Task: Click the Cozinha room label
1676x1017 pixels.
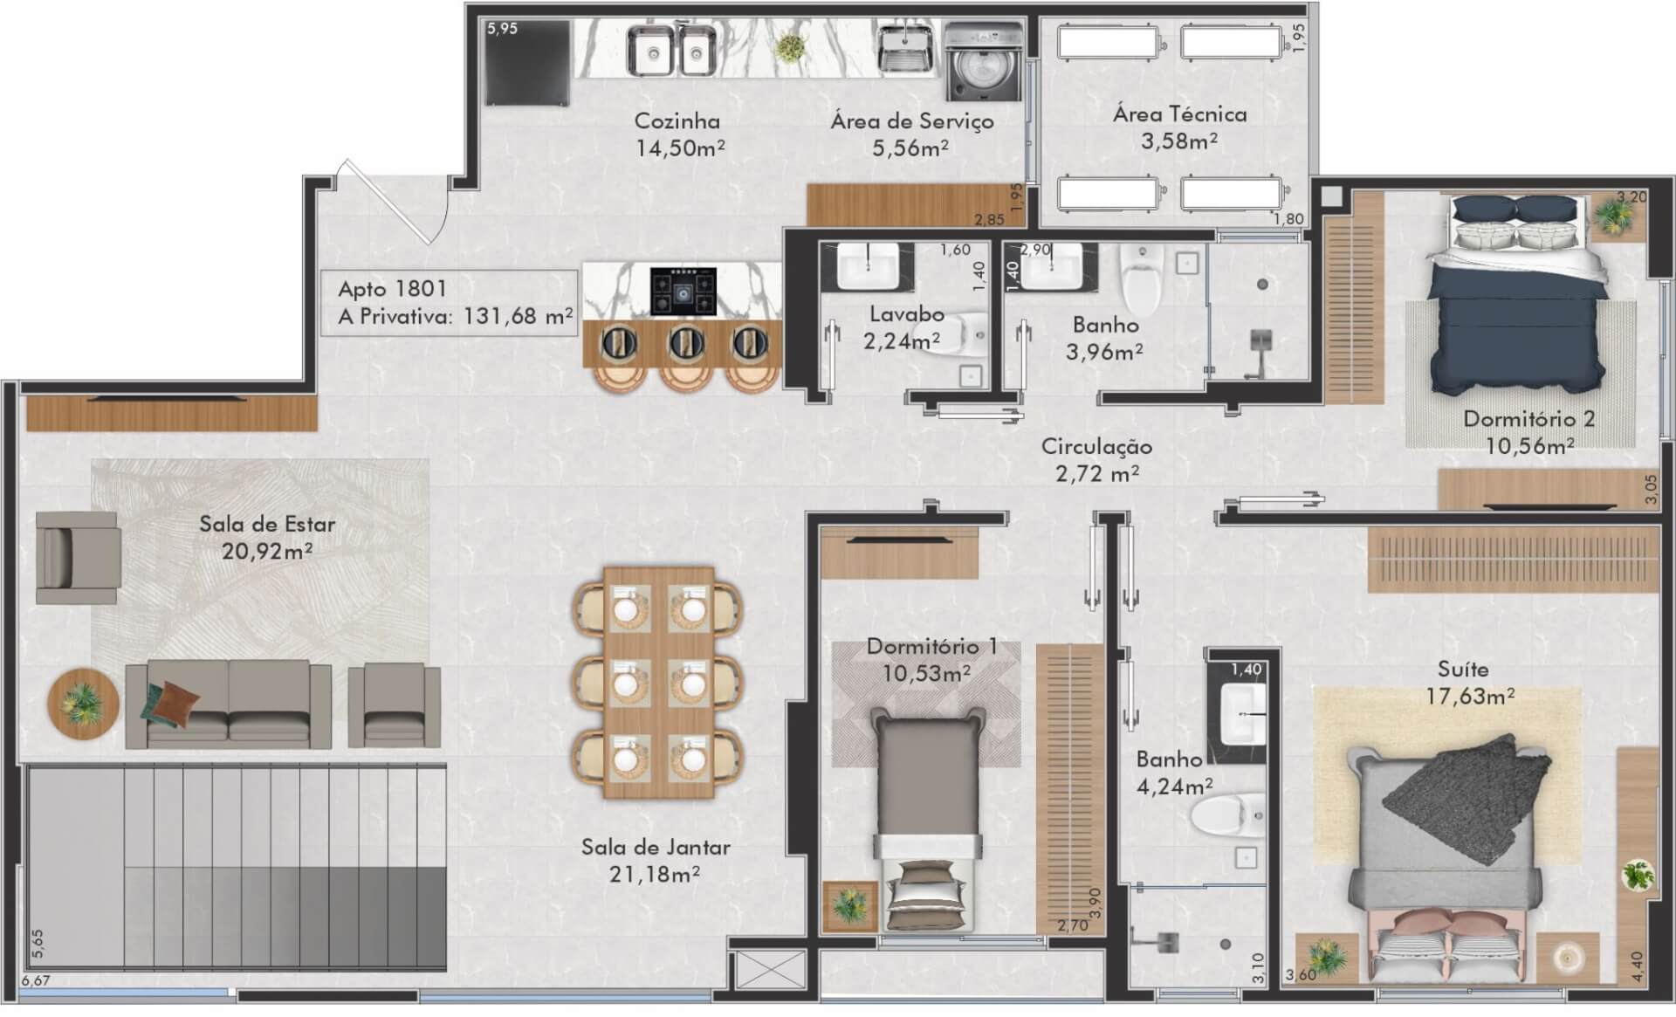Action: coord(677,121)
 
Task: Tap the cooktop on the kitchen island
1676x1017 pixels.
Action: coord(683,292)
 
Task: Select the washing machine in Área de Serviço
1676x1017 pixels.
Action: coord(984,62)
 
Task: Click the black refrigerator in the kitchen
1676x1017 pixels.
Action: coord(528,62)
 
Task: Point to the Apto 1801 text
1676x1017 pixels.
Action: coord(393,289)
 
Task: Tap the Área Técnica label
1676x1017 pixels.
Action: coord(1179,114)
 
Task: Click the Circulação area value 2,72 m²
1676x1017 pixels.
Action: coord(1096,474)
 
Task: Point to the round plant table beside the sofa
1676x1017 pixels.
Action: coord(83,704)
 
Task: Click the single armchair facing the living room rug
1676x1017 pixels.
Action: coord(77,558)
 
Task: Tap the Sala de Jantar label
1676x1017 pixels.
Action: coord(656,847)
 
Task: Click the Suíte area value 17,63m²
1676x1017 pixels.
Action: coord(1470,697)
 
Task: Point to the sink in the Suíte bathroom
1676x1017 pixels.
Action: coord(1243,712)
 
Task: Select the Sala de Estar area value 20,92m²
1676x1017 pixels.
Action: coord(267,551)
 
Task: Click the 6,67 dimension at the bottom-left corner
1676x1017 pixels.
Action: coord(36,980)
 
